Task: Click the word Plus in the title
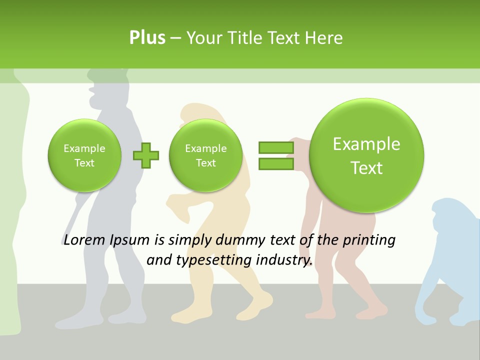click(147, 37)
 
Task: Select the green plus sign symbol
click(146, 155)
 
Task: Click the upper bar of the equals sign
click(275, 147)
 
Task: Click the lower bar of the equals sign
click(275, 163)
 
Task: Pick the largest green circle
click(366, 155)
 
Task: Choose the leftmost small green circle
click(84, 155)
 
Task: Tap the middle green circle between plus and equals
click(205, 155)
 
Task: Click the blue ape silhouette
click(450, 260)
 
